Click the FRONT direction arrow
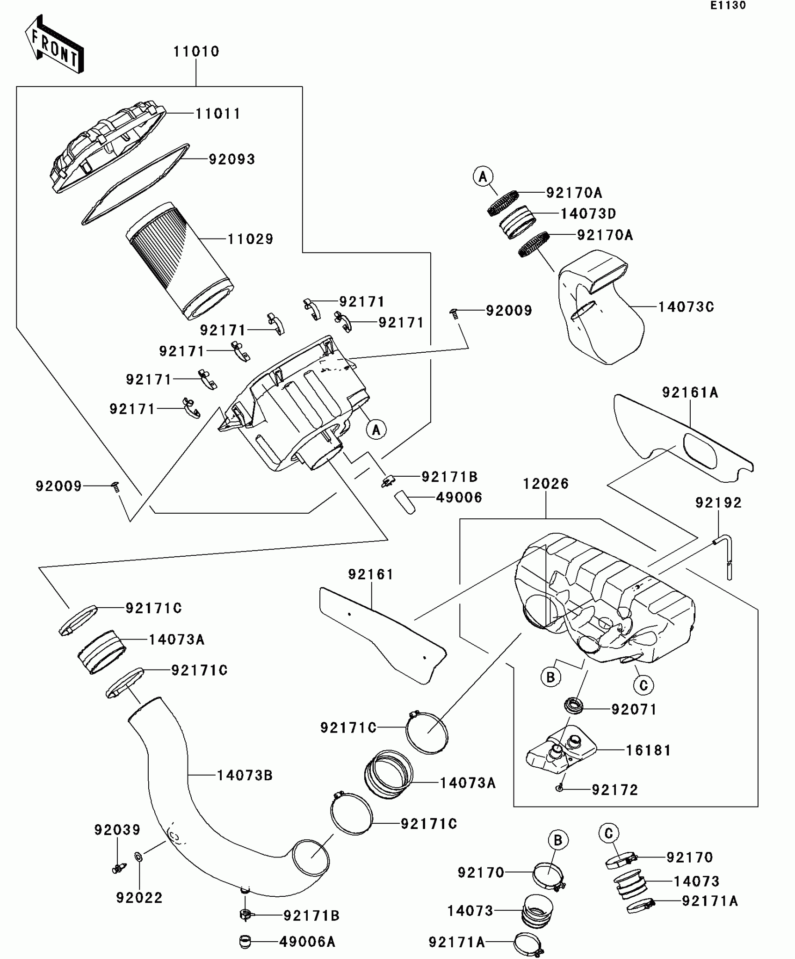coord(54,44)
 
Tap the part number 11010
coord(196,51)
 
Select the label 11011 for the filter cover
coord(218,114)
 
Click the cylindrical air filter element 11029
coord(180,261)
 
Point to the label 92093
coord(232,160)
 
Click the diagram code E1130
coord(728,6)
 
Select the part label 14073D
coord(588,214)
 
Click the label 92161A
coord(690,392)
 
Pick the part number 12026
coord(546,484)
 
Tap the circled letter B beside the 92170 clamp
coord(558,840)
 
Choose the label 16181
coord(649,750)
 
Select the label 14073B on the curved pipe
coord(245,776)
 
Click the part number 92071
coord(634,710)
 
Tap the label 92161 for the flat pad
coord(371,574)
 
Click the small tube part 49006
coord(405,502)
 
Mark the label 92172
coord(615,790)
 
